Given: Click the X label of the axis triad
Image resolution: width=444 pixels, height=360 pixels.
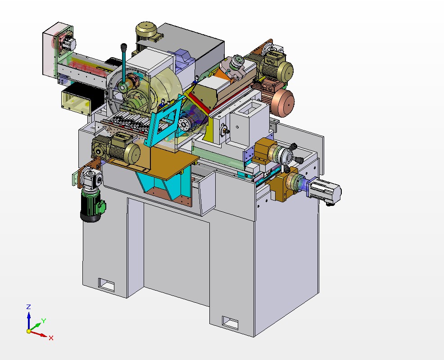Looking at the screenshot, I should (x=51, y=337).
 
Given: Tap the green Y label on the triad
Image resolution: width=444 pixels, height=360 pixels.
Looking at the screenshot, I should (x=43, y=321).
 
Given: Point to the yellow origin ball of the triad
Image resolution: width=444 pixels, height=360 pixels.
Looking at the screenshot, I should (x=29, y=331).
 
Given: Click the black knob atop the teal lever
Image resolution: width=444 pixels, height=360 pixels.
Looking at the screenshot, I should (x=123, y=46).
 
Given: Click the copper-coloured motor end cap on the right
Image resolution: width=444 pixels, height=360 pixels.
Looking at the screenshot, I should (x=282, y=100).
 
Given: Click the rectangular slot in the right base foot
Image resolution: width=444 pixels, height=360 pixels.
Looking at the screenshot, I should (x=231, y=323).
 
